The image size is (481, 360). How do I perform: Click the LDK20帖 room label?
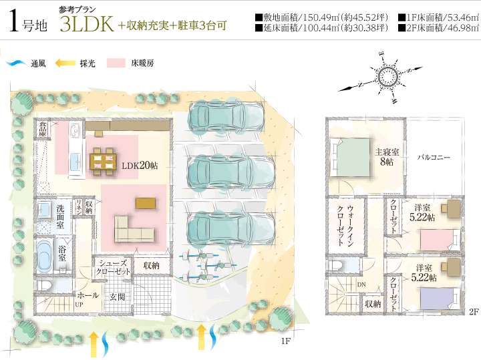140,166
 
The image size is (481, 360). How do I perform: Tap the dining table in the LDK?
103,161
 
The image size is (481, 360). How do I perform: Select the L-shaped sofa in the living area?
134,228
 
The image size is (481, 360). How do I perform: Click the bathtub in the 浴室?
45,256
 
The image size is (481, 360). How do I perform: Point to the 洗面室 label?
60,217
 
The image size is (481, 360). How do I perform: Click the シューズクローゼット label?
113,267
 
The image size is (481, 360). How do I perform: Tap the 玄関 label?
117,297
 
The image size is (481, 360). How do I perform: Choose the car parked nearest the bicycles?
230,227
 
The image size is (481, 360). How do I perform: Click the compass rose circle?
387,76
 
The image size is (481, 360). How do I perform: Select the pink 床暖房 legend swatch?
116,63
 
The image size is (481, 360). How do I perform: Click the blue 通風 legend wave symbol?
16,63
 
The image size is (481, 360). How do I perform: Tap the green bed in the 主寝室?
353,158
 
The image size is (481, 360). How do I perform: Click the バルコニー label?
434,158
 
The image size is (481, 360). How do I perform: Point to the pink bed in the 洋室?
436,240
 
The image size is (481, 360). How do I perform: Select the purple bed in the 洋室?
436,299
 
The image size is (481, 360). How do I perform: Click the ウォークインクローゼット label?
346,226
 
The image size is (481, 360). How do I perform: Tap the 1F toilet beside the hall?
44,285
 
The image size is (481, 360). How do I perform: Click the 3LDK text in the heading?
87,24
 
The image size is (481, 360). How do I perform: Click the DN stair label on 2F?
361,285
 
